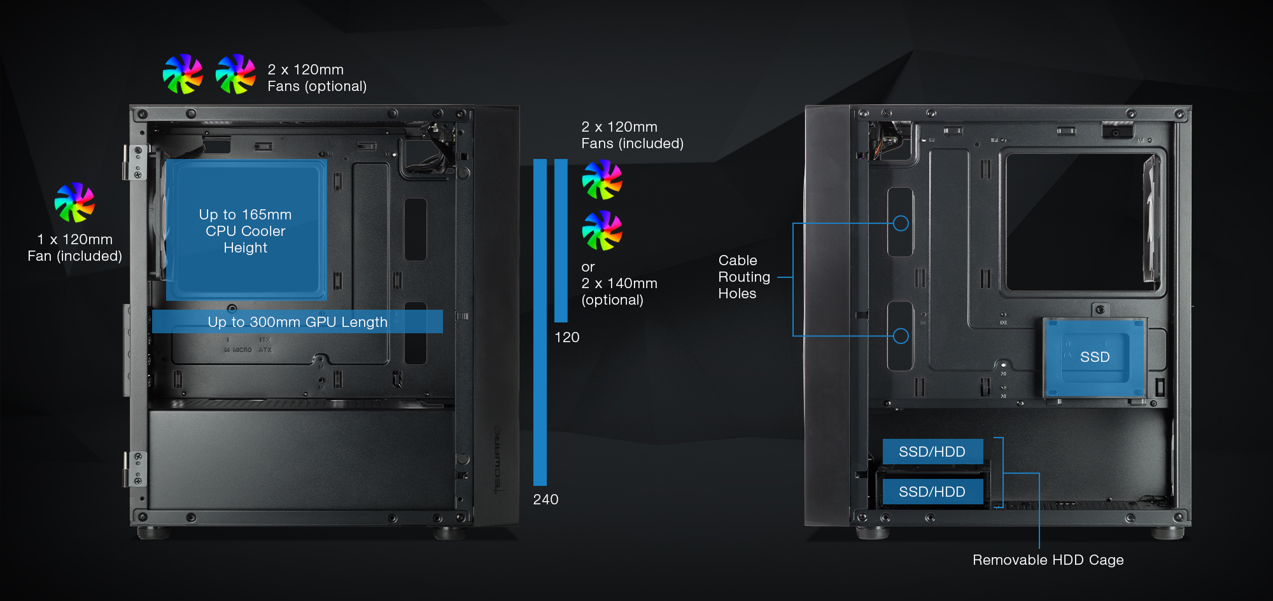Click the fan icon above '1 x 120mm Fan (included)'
74,203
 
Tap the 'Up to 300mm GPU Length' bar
297,322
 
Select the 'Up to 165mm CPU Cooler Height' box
246,230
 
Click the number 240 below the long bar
545,500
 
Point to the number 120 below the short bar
566,338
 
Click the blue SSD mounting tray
1094,357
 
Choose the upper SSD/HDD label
932,452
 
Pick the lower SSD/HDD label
932,492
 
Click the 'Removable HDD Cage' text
1048,560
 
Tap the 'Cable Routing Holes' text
743,277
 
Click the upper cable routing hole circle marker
901,223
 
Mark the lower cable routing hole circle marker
901,336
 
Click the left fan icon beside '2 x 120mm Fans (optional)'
183,74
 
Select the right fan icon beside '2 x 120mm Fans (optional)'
236,74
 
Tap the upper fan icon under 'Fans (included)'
602,179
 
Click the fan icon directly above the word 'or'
602,230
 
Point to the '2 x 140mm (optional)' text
619,291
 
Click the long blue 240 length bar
540,322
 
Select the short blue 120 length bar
561,240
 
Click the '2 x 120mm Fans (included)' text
632,135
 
